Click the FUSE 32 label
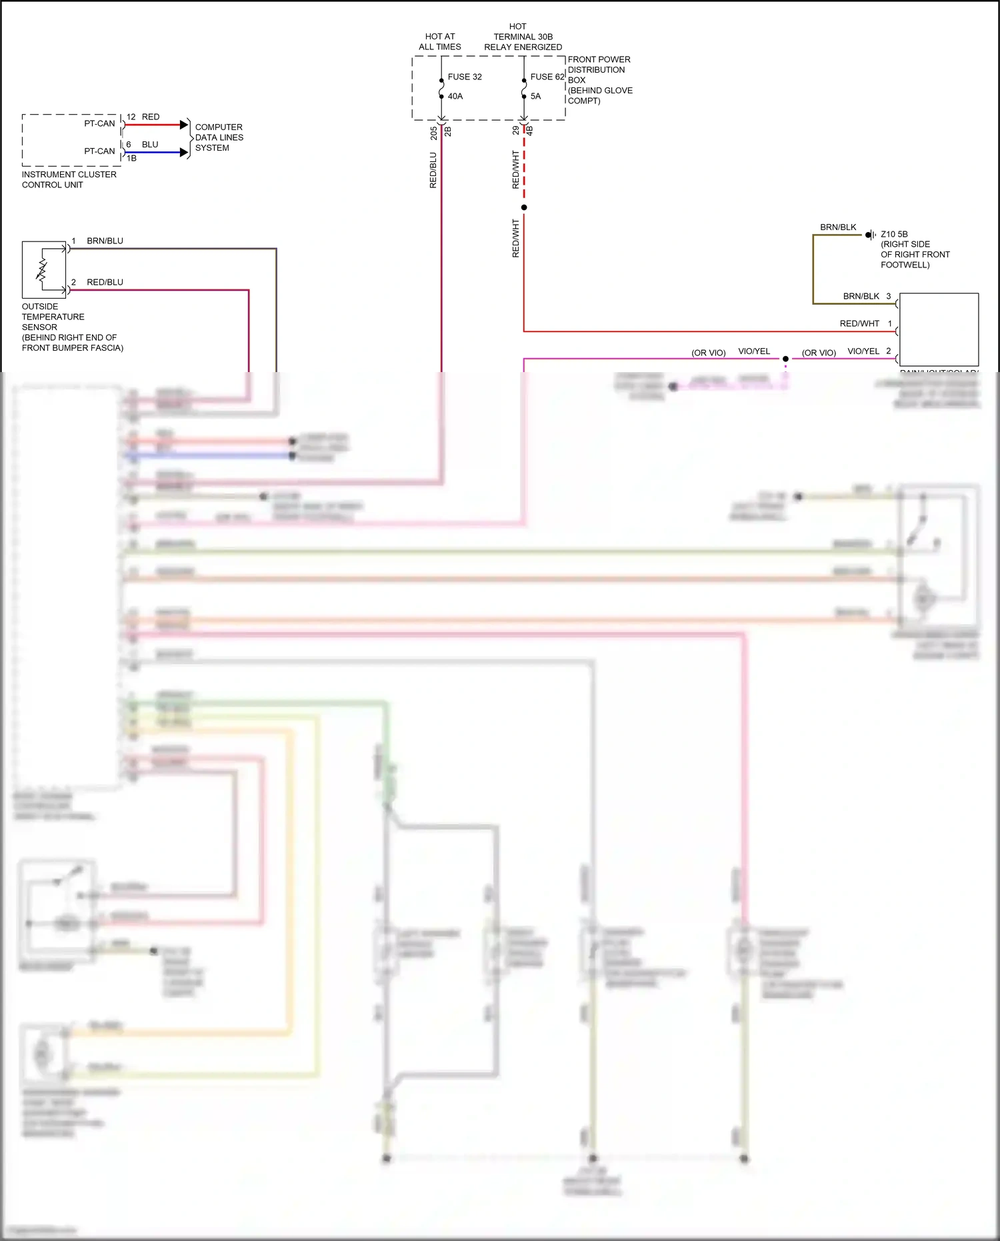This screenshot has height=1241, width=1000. (464, 77)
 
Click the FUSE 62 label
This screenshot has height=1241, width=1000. (547, 77)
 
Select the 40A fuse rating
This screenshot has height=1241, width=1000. (455, 96)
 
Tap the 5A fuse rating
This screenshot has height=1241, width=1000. (535, 96)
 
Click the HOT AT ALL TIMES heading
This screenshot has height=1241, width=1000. (439, 41)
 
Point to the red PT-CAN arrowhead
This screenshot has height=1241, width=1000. (184, 125)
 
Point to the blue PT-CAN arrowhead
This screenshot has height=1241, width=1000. (184, 152)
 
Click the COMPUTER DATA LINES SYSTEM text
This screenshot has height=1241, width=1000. (219, 137)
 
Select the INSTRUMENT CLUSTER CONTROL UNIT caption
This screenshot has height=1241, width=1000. (69, 179)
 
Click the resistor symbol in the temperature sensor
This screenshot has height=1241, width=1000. (42, 269)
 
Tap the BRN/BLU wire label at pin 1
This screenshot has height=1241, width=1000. (105, 241)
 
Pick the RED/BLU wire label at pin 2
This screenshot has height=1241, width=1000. (105, 282)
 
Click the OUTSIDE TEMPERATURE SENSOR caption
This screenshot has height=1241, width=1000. (72, 327)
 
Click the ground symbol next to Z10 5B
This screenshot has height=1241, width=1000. (870, 235)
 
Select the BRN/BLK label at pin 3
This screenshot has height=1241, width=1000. (861, 296)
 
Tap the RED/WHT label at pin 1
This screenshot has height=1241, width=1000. (859, 323)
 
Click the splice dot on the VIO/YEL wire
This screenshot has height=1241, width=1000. (785, 359)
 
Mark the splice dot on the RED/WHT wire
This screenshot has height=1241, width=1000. (524, 207)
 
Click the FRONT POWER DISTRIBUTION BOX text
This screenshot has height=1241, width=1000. (599, 79)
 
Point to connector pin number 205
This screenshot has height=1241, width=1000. (433, 133)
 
